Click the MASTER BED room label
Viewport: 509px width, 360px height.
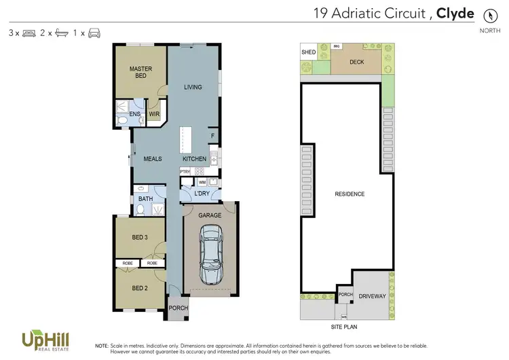[140, 72]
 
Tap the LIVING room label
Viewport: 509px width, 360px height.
[194, 87]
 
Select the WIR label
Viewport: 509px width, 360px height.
[154, 114]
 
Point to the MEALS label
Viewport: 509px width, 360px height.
[153, 158]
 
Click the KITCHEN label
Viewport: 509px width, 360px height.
[194, 158]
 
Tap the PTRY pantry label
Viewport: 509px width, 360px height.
[185, 172]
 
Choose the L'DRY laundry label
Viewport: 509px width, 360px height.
[202, 194]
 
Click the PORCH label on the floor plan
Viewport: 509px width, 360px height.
[178, 308]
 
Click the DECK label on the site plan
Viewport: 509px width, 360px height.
[357, 62]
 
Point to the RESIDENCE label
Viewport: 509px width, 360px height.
[350, 194]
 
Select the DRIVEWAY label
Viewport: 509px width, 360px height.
[371, 296]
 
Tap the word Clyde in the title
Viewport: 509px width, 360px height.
[455, 13]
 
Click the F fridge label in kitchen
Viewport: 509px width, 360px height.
[212, 136]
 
